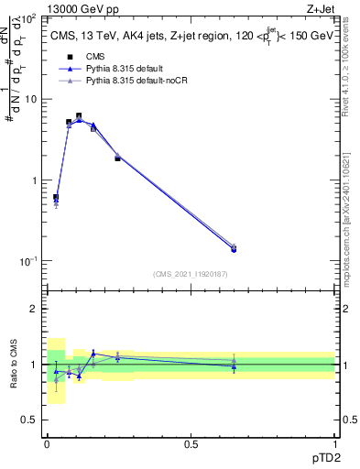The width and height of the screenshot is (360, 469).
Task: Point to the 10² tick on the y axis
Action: pyautogui.click(x=29, y=18)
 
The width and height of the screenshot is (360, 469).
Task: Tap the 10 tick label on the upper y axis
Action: pyautogui.click(x=31, y=99)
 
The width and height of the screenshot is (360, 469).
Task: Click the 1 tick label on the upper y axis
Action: pyautogui.click(x=34, y=180)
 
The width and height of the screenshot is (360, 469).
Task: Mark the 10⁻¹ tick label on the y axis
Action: pyautogui.click(x=28, y=261)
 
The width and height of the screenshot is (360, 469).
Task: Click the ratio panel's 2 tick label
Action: pyautogui.click(x=34, y=309)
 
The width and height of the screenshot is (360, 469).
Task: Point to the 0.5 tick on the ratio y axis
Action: pyautogui.click(x=30, y=420)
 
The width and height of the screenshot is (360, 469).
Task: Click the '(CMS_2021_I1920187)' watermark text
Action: pyautogui.click(x=190, y=274)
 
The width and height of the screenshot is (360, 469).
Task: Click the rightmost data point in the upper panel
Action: pyautogui.click(x=234, y=248)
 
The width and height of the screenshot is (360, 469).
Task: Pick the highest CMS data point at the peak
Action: pyautogui.click(x=79, y=116)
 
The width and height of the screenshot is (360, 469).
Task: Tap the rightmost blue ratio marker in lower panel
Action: pyautogui.click(x=234, y=366)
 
